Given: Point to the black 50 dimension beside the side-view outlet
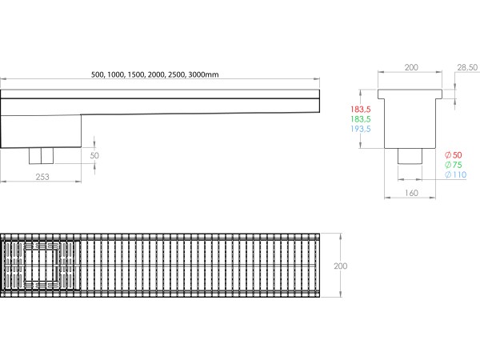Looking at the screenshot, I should tap(95, 155).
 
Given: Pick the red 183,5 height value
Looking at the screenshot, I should tap(361, 109).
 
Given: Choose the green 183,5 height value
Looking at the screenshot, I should tap(361, 118).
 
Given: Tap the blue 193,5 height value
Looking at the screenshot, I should tap(361, 128).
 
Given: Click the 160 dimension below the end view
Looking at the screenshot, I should tap(411, 193).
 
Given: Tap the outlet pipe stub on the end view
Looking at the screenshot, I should tap(411, 155).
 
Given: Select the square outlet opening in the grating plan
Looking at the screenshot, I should tap(42, 264).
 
